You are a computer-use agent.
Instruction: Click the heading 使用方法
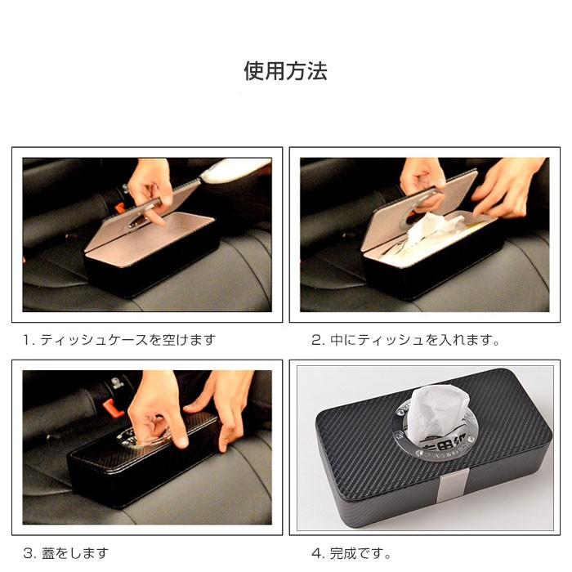coord(285,71)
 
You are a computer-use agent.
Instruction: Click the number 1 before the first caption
coord(27,339)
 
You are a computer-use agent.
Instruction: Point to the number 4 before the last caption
coord(315,553)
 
